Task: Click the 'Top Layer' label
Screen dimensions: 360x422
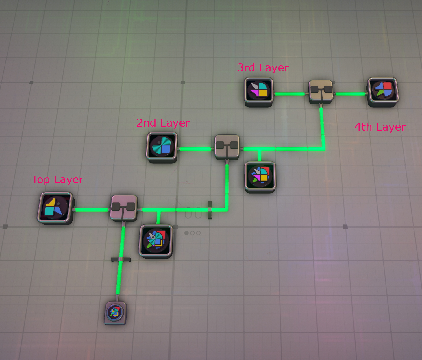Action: (58, 180)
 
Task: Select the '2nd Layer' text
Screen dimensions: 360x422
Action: (163, 123)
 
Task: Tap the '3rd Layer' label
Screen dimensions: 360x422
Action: (263, 68)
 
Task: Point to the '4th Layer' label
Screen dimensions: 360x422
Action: (380, 127)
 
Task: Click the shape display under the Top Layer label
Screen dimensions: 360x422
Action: (55, 208)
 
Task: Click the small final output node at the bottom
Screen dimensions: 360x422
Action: (115, 312)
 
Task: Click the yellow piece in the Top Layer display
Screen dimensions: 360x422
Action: (51, 203)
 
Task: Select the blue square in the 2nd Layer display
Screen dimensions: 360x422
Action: (166, 149)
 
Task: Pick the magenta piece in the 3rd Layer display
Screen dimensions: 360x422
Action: (255, 93)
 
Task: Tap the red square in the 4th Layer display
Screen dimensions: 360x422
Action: (387, 86)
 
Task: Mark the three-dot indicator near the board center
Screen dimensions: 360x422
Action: (192, 233)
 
